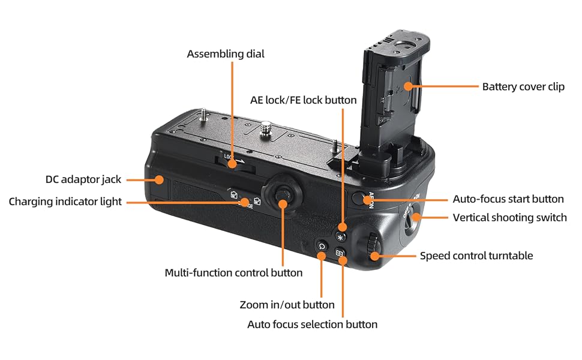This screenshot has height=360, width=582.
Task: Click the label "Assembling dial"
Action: pos(225,54)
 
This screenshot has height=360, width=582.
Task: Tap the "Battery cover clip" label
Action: pos(523,86)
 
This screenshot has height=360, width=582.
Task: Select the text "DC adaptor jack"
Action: pos(83,179)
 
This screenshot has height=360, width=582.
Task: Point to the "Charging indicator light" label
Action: pos(65,202)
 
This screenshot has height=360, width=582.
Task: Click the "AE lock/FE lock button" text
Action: pos(303,100)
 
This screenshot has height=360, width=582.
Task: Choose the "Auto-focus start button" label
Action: pos(508,199)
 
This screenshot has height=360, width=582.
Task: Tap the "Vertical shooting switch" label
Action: pos(509,217)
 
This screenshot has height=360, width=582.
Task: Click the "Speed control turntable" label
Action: pos(476,256)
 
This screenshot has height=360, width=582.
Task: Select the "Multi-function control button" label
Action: pos(233,272)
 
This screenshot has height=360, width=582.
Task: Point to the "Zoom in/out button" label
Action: pos(287,305)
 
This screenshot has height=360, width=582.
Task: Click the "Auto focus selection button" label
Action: pos(312,324)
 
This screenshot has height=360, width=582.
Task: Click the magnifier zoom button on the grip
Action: pos(322,246)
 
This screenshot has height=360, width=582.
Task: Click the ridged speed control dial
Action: pos(373,246)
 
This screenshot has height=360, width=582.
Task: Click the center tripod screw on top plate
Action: pos(266,127)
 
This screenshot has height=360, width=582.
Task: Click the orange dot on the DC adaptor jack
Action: pos(159,179)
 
